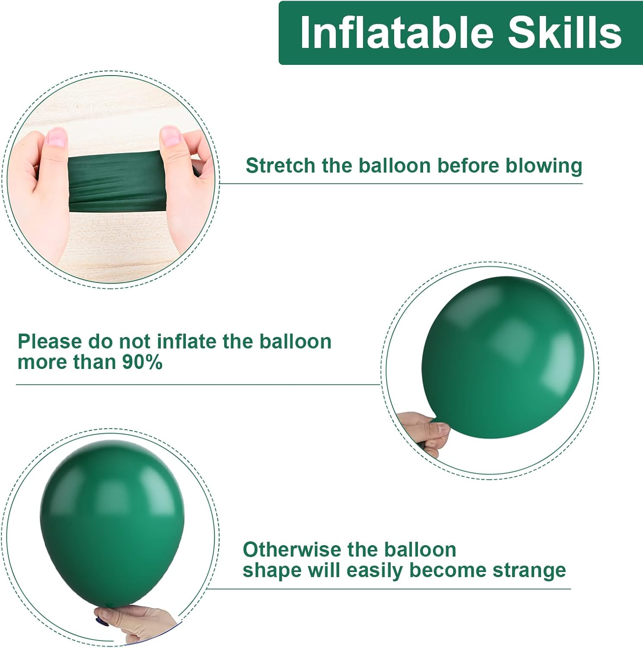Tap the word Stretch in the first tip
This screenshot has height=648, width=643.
[x=280, y=166]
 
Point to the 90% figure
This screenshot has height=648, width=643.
[x=142, y=362]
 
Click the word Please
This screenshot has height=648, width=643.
[x=50, y=342]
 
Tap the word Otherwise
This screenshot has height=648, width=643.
[x=291, y=550]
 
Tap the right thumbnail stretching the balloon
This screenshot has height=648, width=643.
[x=170, y=135]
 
